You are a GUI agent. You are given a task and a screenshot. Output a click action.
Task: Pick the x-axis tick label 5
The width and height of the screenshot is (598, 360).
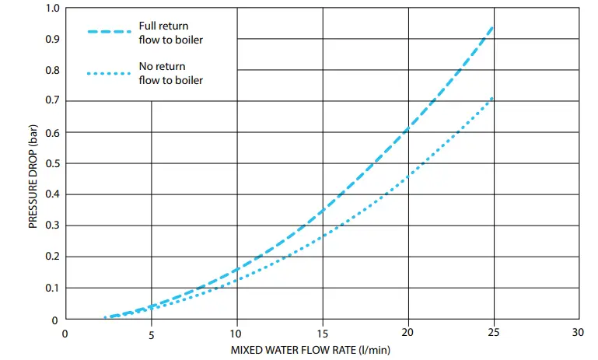[x=152, y=335]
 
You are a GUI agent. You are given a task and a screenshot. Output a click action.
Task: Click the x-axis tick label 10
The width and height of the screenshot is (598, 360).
[x=236, y=335]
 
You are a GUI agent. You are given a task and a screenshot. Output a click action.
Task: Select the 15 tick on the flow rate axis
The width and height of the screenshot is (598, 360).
[x=322, y=335]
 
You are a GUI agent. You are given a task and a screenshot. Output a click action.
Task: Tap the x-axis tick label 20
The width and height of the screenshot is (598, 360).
[x=407, y=335]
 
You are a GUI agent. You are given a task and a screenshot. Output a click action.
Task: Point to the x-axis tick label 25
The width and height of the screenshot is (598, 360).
[x=493, y=335]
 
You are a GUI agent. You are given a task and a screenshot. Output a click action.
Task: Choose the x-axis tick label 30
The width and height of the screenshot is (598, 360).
[x=579, y=335]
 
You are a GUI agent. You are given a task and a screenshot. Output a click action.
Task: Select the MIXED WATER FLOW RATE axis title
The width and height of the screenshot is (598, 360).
[x=321, y=351]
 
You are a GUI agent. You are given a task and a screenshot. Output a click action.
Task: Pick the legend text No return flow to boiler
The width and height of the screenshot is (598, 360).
[x=171, y=73]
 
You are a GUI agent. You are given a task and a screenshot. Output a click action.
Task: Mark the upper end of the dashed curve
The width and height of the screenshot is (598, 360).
[x=492, y=27]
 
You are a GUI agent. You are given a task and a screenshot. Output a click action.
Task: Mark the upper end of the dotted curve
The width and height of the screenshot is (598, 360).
[x=492, y=98]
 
